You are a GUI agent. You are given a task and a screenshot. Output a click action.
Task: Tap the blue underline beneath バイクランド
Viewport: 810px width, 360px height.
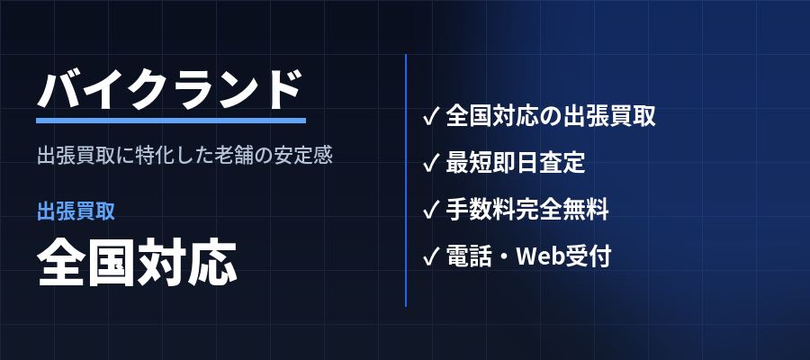click(171, 121)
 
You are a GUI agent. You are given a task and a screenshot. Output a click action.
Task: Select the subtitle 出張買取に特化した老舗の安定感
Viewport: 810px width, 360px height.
click(184, 156)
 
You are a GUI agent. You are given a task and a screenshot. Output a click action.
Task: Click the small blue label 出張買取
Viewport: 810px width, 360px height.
click(76, 211)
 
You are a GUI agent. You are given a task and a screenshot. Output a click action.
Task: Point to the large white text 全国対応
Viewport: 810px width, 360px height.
click(137, 263)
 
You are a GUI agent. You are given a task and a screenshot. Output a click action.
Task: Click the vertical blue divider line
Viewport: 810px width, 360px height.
click(406, 180)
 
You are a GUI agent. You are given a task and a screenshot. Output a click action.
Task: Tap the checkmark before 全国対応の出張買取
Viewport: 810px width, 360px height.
click(430, 116)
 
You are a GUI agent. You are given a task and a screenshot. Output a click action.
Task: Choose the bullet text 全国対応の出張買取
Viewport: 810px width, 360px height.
click(551, 116)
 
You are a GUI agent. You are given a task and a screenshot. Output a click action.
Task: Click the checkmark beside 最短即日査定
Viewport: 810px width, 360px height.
click(430, 163)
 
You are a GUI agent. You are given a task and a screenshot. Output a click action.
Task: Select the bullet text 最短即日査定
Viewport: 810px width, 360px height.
click(516, 163)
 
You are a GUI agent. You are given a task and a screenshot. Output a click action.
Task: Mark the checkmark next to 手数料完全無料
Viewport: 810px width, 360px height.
click(430, 210)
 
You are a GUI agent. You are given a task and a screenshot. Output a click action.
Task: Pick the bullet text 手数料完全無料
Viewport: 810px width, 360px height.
click(527, 210)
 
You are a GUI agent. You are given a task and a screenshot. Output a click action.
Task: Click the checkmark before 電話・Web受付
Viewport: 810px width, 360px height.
click(430, 256)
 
